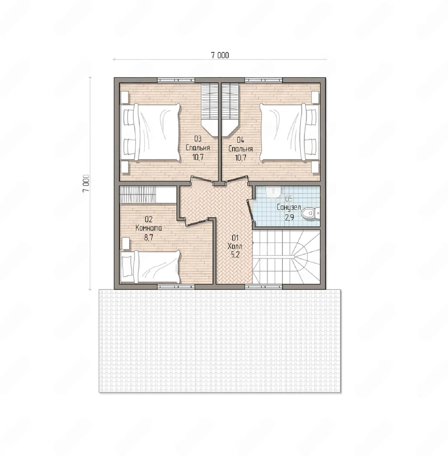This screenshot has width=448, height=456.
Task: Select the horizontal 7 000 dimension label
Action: point(220,55)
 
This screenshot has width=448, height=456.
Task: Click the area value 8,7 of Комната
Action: point(149,237)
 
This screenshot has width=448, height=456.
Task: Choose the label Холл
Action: point(235,246)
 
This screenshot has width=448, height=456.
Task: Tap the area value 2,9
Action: point(289,217)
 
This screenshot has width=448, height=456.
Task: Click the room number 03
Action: point(198,139)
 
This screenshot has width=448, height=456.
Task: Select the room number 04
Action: point(240,140)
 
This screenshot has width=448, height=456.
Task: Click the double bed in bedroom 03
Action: point(150,132)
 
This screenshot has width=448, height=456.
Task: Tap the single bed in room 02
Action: point(150,267)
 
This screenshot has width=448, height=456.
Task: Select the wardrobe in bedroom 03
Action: point(210,109)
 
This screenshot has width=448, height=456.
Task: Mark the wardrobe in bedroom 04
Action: point(230,109)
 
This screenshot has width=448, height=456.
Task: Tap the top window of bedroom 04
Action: point(264,80)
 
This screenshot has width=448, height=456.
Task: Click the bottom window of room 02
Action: point(176,286)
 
